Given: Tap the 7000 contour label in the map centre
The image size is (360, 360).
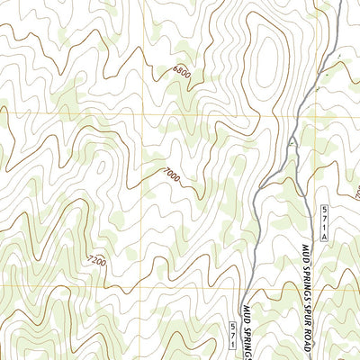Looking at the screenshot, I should coord(172,176).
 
